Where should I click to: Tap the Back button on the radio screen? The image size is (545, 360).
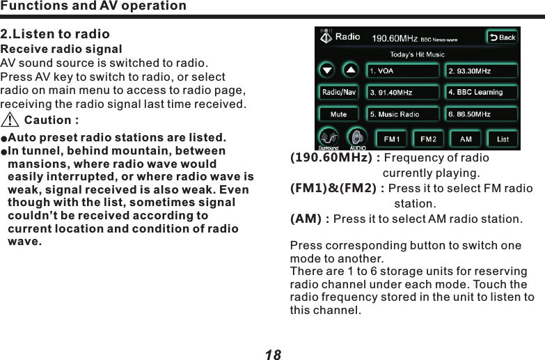[x=502, y=37]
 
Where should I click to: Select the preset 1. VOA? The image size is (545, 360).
[x=404, y=70]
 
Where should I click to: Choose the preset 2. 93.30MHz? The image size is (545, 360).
[x=481, y=70]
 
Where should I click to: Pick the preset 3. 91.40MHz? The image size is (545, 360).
[x=404, y=92]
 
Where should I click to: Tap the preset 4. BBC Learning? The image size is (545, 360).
[x=481, y=92]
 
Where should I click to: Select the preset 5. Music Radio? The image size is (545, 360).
[x=404, y=114]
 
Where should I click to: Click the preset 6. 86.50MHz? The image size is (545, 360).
[x=481, y=114]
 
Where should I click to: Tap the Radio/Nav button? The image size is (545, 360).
[x=339, y=92]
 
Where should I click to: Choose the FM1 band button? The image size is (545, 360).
[x=392, y=139]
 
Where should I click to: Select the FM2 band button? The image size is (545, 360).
[x=428, y=139]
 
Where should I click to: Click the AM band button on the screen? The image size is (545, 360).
[x=465, y=139]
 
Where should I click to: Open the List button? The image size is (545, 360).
[x=502, y=139]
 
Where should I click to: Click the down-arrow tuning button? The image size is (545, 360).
[x=328, y=70]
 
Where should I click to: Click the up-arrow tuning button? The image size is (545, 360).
[x=350, y=70]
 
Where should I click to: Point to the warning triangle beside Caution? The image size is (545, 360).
[x=10, y=120]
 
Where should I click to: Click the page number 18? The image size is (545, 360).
[x=273, y=354]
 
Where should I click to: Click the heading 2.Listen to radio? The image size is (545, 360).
[x=55, y=34]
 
